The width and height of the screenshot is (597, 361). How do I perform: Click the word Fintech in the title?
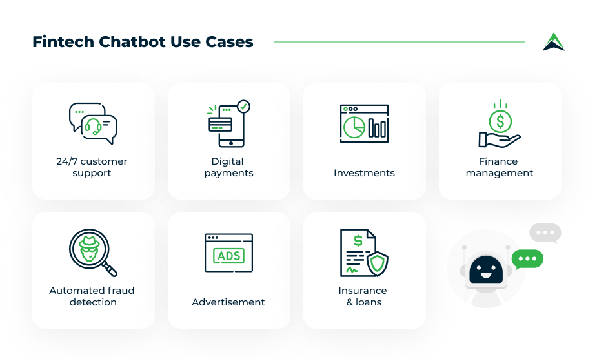click(x=63, y=41)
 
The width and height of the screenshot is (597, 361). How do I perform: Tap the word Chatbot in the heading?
click(x=132, y=41)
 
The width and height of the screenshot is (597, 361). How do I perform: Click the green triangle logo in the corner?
click(x=554, y=41)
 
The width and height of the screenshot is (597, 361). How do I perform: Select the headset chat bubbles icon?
click(x=93, y=123)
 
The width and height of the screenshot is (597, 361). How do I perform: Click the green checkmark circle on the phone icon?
click(x=244, y=107)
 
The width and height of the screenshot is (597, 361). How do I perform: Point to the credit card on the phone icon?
click(x=221, y=124)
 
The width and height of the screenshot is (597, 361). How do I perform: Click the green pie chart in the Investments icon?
click(x=354, y=127)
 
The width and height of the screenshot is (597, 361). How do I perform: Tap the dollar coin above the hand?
click(x=500, y=121)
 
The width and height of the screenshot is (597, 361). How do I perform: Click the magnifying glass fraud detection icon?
click(x=93, y=252)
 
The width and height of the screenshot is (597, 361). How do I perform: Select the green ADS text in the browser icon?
click(x=229, y=256)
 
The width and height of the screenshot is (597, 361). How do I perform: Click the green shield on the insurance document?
click(x=378, y=263)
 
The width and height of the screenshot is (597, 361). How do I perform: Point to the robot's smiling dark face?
click(x=486, y=269)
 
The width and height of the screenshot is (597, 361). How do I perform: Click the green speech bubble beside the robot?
click(x=527, y=259)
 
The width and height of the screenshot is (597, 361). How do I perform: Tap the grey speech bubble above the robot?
click(x=545, y=233)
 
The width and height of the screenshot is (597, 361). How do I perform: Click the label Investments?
click(x=364, y=173)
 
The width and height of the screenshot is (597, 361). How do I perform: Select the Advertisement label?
click(x=228, y=302)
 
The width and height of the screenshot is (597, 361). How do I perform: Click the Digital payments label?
click(x=228, y=167)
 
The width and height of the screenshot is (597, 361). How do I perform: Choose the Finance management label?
click(x=499, y=167)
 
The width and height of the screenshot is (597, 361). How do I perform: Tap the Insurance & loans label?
click(x=363, y=296)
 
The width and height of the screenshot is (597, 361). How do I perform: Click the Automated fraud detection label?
click(x=92, y=296)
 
